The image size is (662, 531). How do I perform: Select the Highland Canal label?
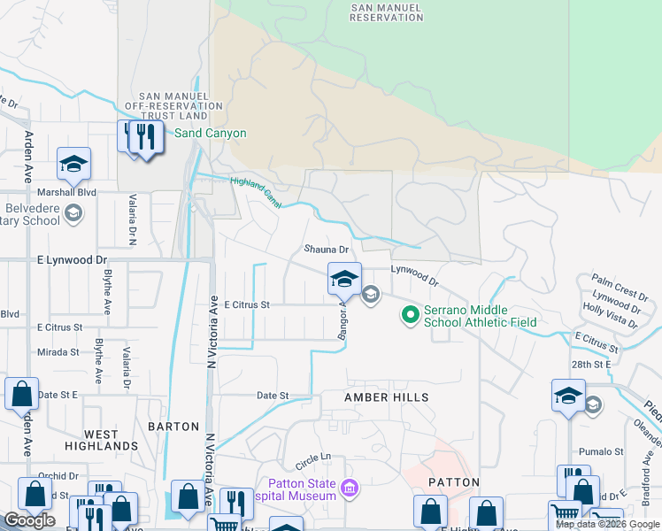click(256, 192)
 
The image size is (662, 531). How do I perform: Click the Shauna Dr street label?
click(326, 250)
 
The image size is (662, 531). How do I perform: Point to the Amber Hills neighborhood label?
click(386, 398)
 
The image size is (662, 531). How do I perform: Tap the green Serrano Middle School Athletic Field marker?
click(410, 314)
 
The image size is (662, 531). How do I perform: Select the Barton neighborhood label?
click(173, 427)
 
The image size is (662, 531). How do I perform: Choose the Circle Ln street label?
click(312, 458)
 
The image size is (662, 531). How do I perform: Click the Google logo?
click(29, 520)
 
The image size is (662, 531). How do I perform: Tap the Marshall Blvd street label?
click(65, 192)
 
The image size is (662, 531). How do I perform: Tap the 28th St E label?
click(592, 364)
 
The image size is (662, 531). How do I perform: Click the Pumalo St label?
click(602, 451)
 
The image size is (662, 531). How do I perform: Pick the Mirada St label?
click(58, 352)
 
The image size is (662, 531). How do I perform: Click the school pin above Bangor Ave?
click(344, 280)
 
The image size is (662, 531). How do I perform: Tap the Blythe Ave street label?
click(105, 295)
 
